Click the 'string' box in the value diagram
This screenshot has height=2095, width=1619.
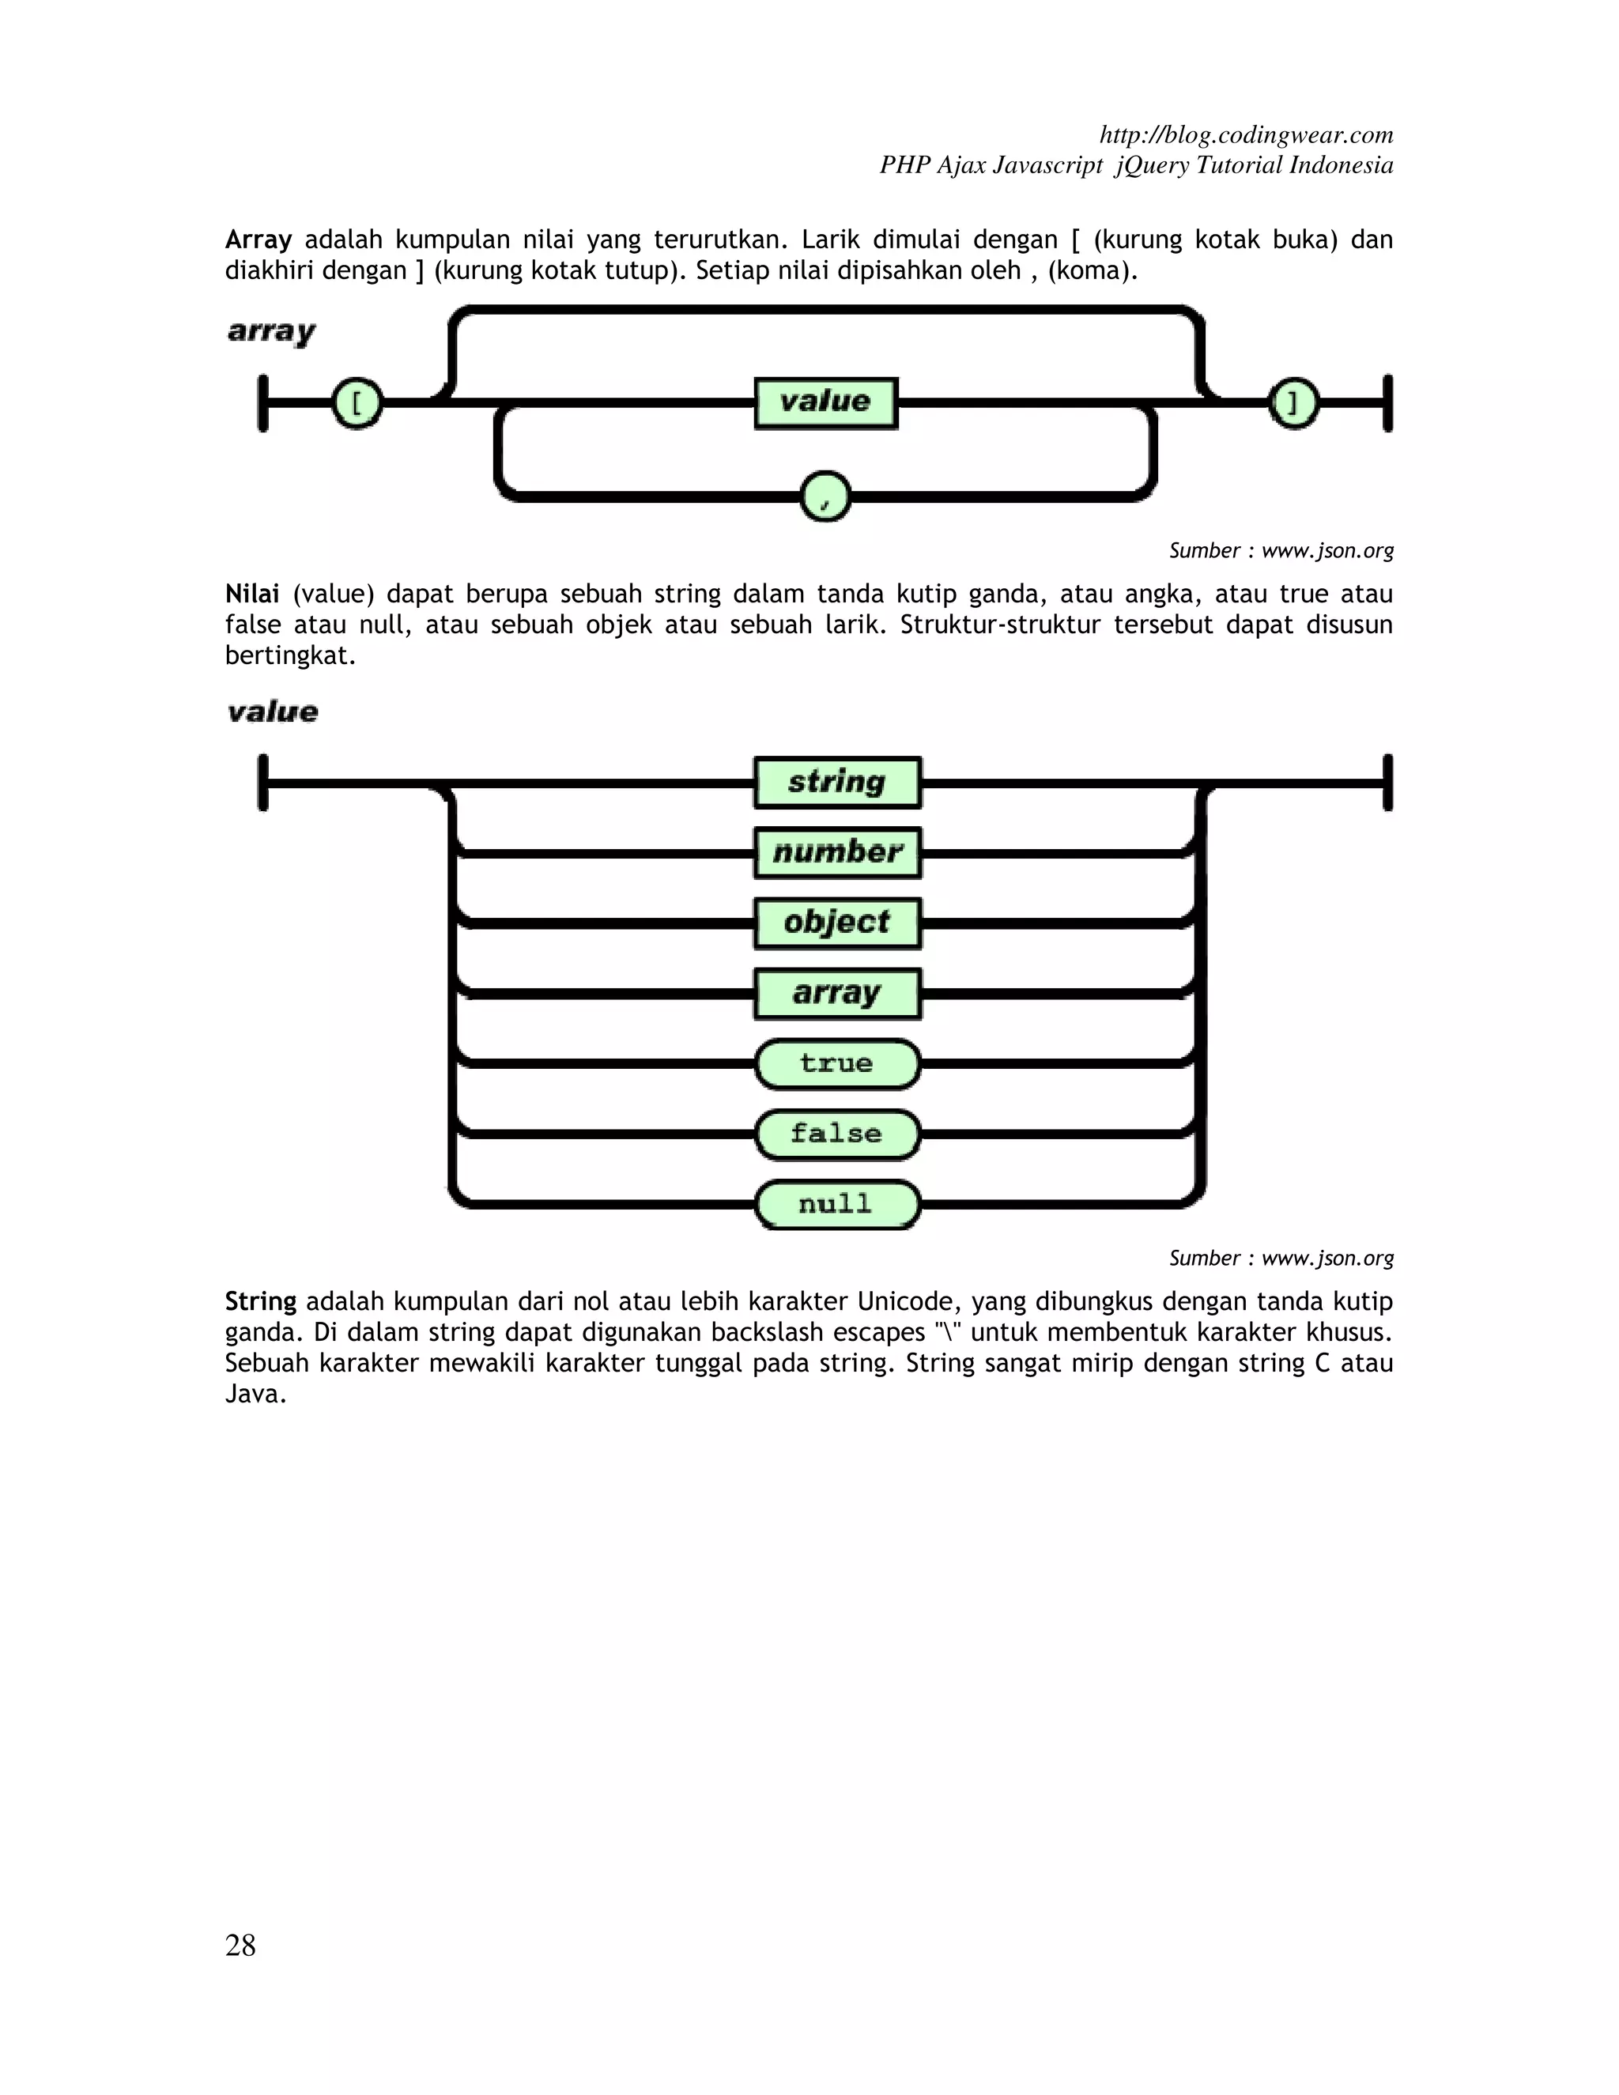click(837, 783)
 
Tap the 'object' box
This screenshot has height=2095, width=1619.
click(837, 923)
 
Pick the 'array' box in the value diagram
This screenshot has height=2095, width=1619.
click(837, 994)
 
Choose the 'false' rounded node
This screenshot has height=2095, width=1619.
click(837, 1134)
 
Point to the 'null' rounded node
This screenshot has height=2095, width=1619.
click(837, 1204)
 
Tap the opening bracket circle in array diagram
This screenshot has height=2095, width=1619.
click(357, 403)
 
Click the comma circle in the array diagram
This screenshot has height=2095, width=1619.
click(825, 496)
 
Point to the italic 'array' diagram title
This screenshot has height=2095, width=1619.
click(271, 332)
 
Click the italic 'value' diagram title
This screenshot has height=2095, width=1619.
click(273, 712)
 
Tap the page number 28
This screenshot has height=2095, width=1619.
click(241, 1946)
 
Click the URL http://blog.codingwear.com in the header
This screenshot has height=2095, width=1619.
click(1246, 134)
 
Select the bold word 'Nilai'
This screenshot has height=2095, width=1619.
click(252, 594)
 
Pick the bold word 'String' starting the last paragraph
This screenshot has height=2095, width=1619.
click(261, 1302)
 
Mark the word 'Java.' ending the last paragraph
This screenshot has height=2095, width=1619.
click(256, 1394)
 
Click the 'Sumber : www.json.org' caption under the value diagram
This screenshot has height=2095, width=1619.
click(1281, 1258)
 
